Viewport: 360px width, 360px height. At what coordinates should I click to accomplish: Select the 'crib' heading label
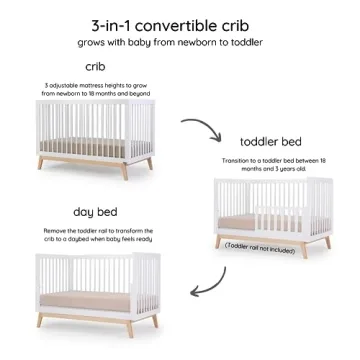[x=96, y=67]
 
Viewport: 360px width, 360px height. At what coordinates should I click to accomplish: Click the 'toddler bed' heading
[x=271, y=141]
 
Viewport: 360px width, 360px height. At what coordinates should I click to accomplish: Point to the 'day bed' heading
[x=96, y=212]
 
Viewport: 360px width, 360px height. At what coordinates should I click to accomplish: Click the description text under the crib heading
[x=96, y=88]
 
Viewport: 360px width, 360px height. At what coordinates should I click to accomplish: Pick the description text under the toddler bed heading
[x=271, y=165]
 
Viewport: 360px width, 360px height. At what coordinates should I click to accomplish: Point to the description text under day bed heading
[x=96, y=235]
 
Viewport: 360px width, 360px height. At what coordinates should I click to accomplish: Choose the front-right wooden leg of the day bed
[x=156, y=324]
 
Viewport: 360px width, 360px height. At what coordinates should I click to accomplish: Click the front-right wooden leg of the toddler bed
[x=326, y=242]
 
